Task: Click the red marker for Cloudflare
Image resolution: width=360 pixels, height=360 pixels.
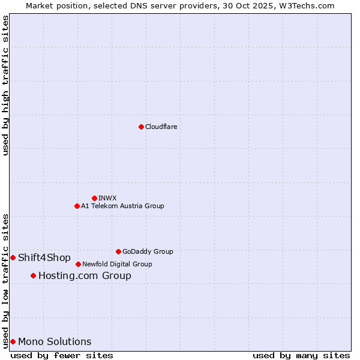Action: pos(141,127)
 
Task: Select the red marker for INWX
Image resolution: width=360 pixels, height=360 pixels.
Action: pos(94,198)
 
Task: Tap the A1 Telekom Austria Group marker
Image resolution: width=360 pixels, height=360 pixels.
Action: pos(77,206)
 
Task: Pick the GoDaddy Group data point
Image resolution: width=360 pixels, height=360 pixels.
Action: pos(118,251)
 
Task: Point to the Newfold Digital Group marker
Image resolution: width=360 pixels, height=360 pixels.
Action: pos(78,264)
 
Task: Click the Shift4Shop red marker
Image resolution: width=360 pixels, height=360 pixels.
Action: pos(13,257)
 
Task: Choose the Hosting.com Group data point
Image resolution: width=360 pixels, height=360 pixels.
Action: pos(33,275)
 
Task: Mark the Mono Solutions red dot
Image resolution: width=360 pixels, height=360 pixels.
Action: pos(13,341)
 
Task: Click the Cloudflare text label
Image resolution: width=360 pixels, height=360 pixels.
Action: pos(161,127)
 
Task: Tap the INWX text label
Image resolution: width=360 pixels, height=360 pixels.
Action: pos(107,198)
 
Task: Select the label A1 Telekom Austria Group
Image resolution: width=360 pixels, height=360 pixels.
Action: pos(122,206)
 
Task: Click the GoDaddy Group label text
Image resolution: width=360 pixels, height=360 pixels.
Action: pos(148,251)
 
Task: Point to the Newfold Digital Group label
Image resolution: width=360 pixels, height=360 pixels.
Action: pos(117,264)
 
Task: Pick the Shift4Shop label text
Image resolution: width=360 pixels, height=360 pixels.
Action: pos(44,258)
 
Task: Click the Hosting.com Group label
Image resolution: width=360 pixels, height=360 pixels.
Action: pos(85,276)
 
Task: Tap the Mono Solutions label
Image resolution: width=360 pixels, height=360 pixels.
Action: pos(55,342)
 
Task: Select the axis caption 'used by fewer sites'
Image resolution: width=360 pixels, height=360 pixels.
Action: pos(62,355)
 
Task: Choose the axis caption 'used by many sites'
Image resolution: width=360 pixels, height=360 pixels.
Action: pos(301,355)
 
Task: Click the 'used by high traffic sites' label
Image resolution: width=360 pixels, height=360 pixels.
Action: pos(5,85)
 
